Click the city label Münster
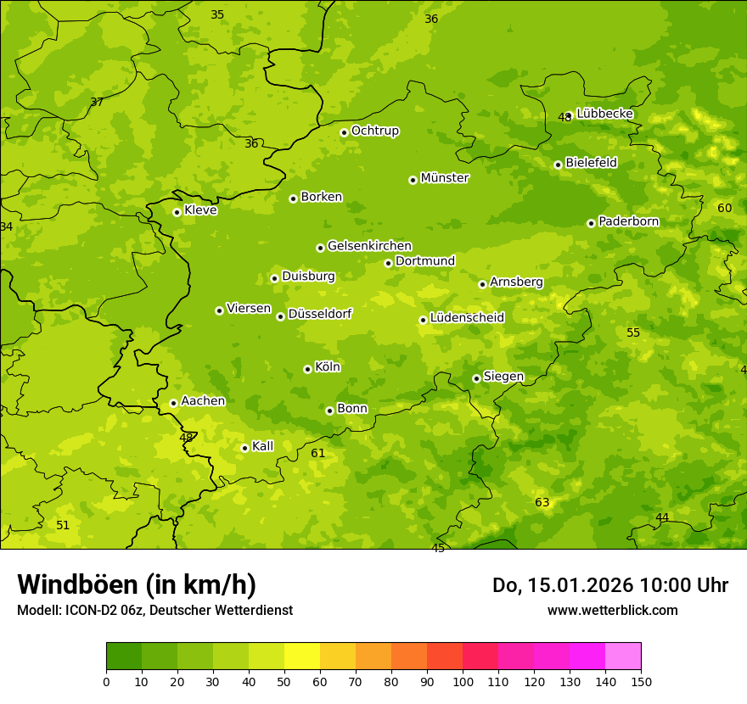pyautogui.click(x=444, y=178)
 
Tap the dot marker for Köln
pyautogui.click(x=307, y=369)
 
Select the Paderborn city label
pyautogui.click(x=628, y=221)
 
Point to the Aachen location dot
pyautogui.click(x=173, y=403)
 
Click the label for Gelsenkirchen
pyautogui.click(x=369, y=246)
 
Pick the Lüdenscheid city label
pyautogui.click(x=467, y=318)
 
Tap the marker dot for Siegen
pyautogui.click(x=476, y=378)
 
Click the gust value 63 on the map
pyautogui.click(x=542, y=503)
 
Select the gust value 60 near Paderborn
pyautogui.click(x=724, y=209)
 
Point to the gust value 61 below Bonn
pyautogui.click(x=317, y=454)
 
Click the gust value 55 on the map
pyautogui.click(x=632, y=332)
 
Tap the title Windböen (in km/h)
pyautogui.click(x=137, y=584)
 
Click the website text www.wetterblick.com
pyautogui.click(x=612, y=611)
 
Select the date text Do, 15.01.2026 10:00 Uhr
pyautogui.click(x=609, y=585)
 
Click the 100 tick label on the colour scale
pyautogui.click(x=463, y=681)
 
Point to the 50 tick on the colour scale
pyautogui.click(x=284, y=681)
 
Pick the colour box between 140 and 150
pyautogui.click(x=623, y=657)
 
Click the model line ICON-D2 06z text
pyautogui.click(x=154, y=611)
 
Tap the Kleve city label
pyautogui.click(x=200, y=210)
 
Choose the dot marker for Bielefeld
pyautogui.click(x=558, y=165)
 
